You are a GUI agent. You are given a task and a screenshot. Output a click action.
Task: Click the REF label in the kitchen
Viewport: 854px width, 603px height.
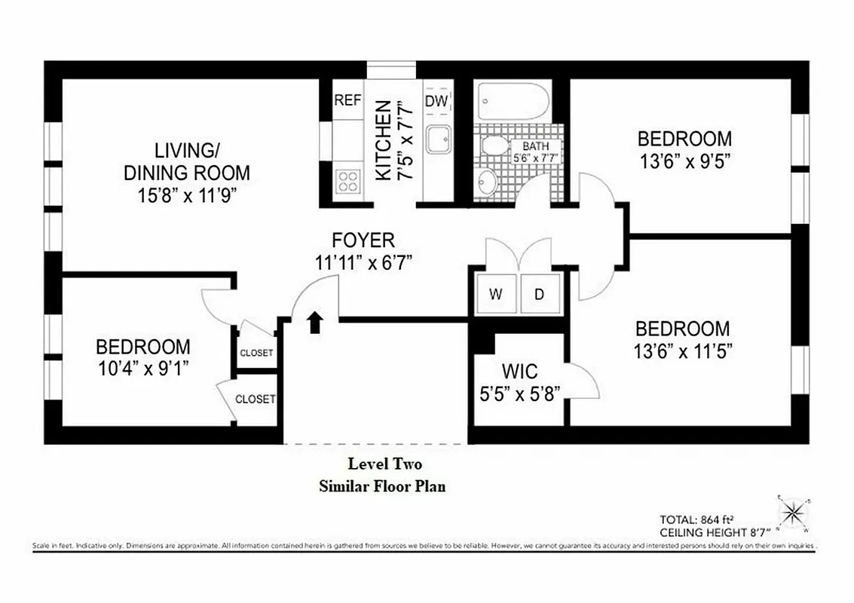pyautogui.click(x=347, y=100)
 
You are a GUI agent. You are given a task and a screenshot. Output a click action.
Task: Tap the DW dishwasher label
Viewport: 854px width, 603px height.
pyautogui.click(x=436, y=101)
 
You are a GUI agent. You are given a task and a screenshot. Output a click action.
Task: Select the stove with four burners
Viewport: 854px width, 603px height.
pyautogui.click(x=347, y=182)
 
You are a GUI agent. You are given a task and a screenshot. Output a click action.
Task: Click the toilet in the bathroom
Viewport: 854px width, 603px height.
pyautogui.click(x=494, y=145)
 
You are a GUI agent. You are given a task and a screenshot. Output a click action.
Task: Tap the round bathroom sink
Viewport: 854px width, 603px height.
pyautogui.click(x=488, y=180)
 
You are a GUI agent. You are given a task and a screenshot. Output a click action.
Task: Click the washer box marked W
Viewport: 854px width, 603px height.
pyautogui.click(x=495, y=295)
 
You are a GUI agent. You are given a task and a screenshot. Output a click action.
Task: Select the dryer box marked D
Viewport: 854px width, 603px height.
pyautogui.click(x=540, y=295)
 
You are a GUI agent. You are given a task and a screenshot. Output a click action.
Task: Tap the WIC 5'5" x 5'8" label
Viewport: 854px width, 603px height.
pyautogui.click(x=520, y=383)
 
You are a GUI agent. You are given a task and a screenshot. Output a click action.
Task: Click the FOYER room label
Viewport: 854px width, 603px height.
pyautogui.click(x=363, y=240)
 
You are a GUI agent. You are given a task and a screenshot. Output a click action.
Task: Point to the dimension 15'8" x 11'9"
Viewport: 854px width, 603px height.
pyautogui.click(x=186, y=194)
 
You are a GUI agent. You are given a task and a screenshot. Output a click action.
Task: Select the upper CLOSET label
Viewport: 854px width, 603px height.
pyautogui.click(x=256, y=353)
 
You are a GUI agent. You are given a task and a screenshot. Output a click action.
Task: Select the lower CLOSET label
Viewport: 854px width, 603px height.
pyautogui.click(x=255, y=399)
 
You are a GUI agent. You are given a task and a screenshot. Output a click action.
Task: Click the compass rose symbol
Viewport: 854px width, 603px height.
pyautogui.click(x=792, y=514)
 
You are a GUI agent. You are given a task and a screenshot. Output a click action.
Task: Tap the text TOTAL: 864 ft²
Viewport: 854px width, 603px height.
pyautogui.click(x=697, y=519)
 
